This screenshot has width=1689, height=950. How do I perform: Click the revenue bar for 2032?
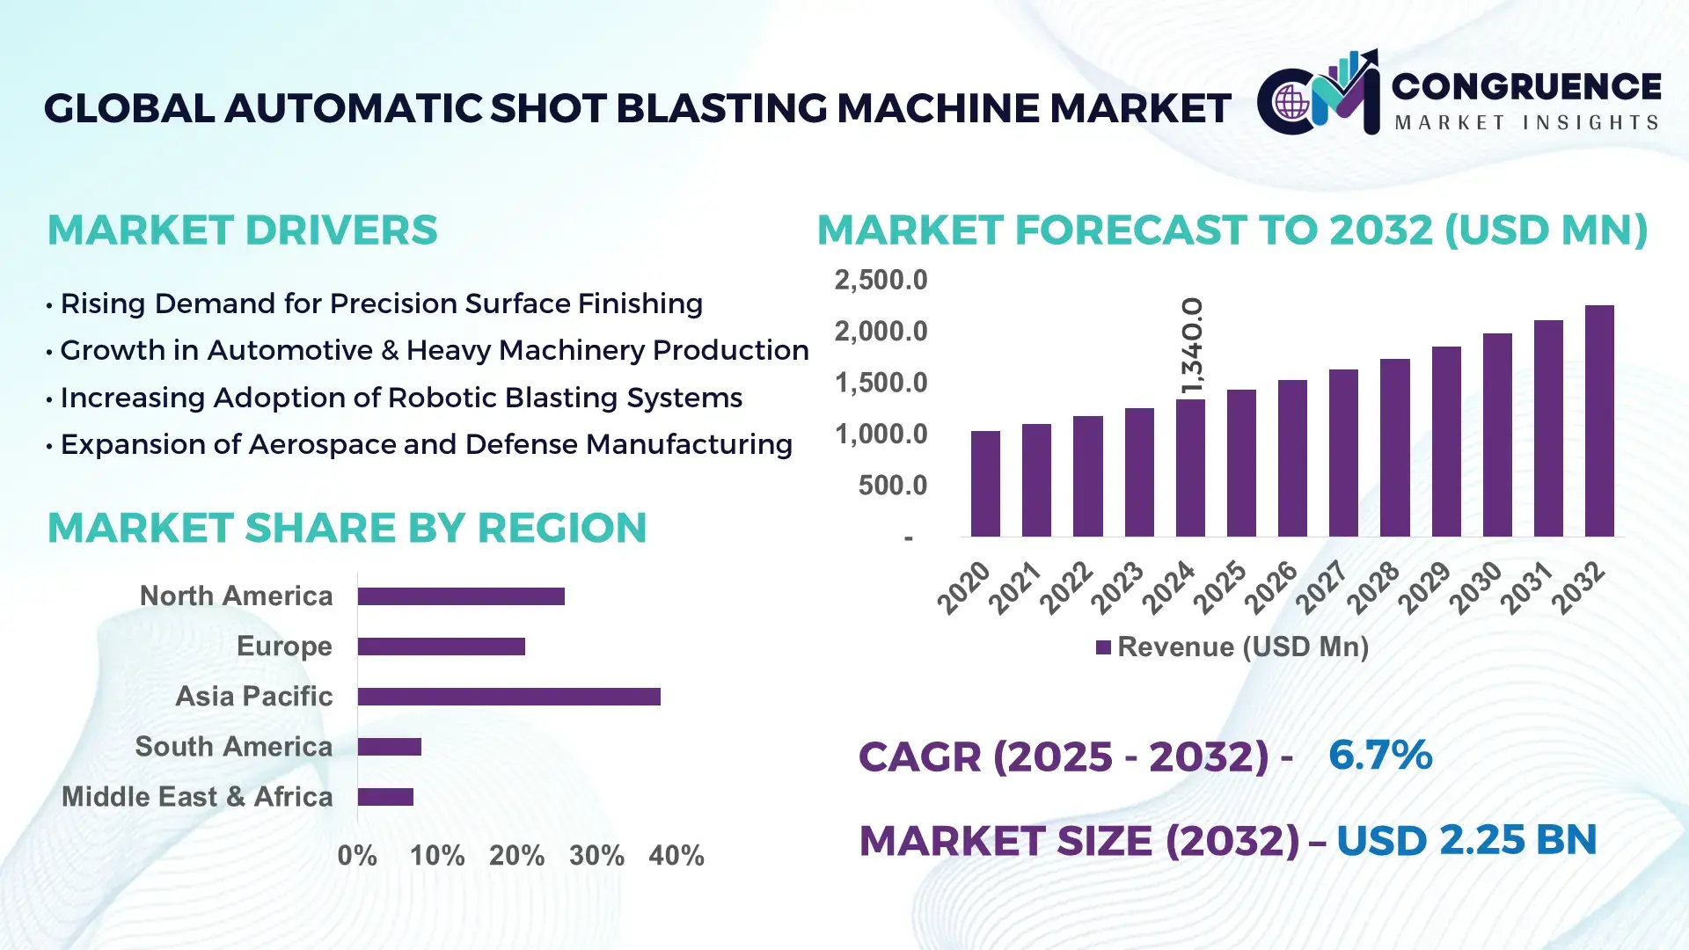[1598, 422]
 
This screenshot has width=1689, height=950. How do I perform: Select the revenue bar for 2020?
[985, 484]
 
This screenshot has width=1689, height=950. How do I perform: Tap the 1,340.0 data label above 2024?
[1192, 346]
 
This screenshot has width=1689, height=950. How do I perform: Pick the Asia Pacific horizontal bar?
[508, 697]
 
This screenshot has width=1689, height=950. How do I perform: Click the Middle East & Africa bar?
[385, 797]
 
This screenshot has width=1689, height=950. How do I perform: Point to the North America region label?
[236, 596]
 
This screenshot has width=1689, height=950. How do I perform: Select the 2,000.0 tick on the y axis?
[881, 332]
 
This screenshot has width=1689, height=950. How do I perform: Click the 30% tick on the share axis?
[596, 855]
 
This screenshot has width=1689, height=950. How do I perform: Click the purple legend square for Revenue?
[1103, 647]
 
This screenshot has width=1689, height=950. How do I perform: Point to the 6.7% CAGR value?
[1379, 755]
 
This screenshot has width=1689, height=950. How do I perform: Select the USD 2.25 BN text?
[1466, 840]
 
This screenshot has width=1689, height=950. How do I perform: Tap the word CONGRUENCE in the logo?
[1525, 86]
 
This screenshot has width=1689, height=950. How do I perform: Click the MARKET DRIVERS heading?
[242, 230]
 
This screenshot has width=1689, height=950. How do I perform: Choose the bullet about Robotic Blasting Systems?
[401, 398]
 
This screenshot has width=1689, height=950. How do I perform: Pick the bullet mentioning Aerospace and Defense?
[426, 444]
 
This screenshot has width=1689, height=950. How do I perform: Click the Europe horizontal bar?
[441, 647]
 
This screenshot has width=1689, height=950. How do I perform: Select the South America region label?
[233, 746]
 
